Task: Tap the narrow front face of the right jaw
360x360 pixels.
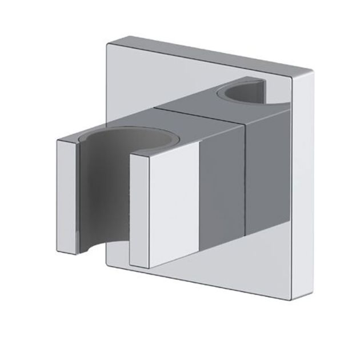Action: pos(136,209)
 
